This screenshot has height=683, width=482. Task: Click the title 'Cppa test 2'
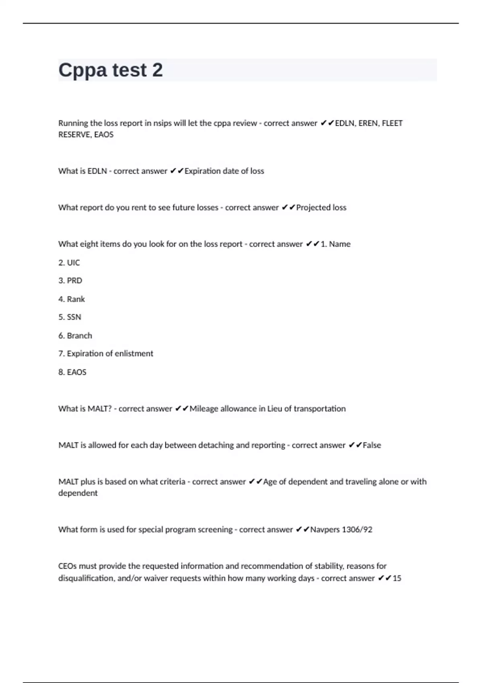110,70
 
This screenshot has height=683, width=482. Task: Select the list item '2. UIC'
69,263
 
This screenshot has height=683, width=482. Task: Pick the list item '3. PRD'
70,281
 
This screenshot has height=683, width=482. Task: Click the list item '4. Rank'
71,299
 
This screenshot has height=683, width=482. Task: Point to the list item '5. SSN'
70,317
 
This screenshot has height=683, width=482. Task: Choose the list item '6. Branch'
75,336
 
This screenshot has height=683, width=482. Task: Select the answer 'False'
372,445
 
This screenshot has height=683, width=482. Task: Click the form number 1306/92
357,530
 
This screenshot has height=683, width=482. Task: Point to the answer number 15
397,578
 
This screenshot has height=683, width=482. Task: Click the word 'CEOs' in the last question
67,566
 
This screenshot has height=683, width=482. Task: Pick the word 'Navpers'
325,530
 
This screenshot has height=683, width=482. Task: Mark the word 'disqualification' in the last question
86,578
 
